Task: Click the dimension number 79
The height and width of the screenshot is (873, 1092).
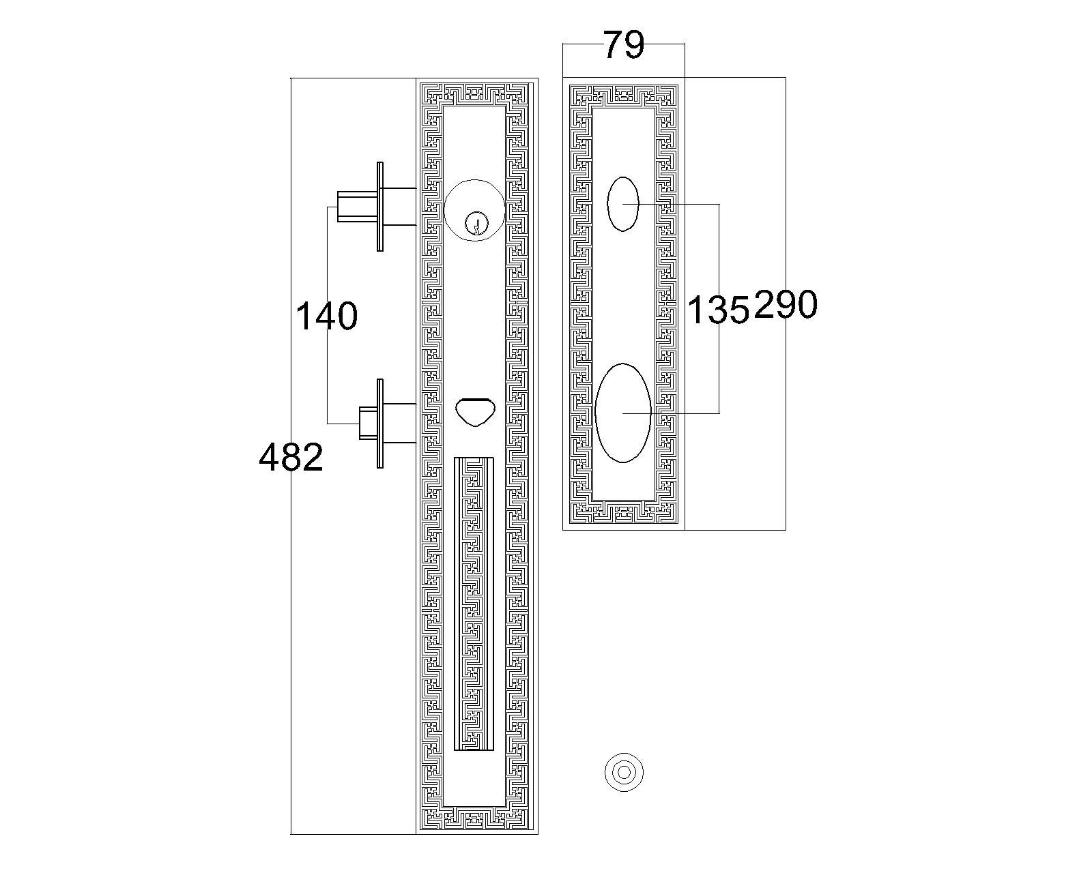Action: point(624,45)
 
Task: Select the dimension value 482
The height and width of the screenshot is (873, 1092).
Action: point(291,457)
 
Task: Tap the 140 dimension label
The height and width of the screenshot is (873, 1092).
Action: point(326,316)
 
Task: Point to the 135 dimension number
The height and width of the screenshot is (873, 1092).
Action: point(719,310)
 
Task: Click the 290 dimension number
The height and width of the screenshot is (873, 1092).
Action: point(786,304)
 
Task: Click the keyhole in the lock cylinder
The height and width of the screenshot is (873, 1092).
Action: point(476,223)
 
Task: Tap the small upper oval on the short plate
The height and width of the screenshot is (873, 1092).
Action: point(623,204)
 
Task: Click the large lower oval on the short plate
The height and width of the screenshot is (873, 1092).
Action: point(622,413)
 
